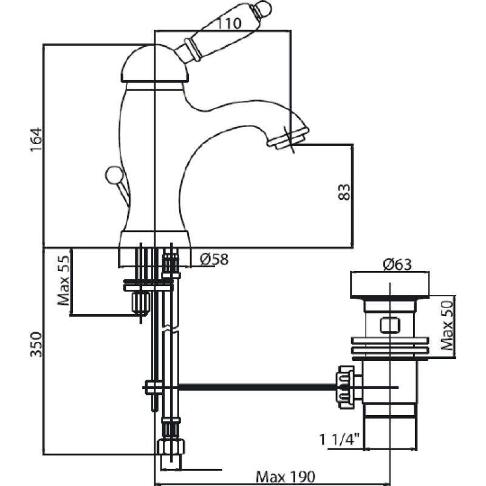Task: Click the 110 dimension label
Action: (x=230, y=23)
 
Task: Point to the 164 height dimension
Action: (x=36, y=140)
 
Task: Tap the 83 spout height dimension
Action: (x=344, y=192)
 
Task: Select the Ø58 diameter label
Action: (x=214, y=259)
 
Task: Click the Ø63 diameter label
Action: (x=397, y=264)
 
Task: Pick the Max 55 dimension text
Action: (x=64, y=281)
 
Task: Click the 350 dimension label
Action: (x=36, y=344)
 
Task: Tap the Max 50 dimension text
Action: (x=447, y=326)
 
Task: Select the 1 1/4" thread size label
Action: (x=339, y=439)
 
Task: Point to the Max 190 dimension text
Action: (x=286, y=476)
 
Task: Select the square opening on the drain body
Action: (x=389, y=326)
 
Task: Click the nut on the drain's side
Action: (x=347, y=387)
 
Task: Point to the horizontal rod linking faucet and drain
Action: (x=257, y=387)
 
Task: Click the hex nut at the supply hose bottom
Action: (x=171, y=447)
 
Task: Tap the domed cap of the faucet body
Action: (x=154, y=64)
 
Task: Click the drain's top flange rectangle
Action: (x=389, y=285)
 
